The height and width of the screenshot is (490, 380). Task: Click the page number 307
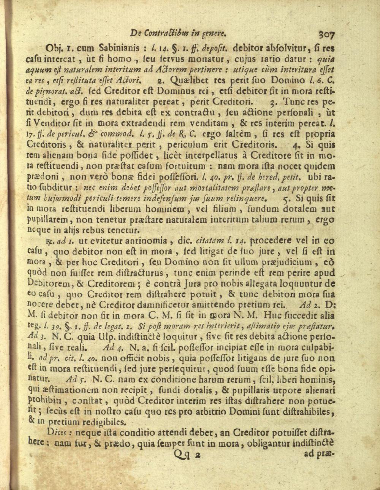coord(327,34)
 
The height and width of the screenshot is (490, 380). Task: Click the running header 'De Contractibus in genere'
coord(178,33)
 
